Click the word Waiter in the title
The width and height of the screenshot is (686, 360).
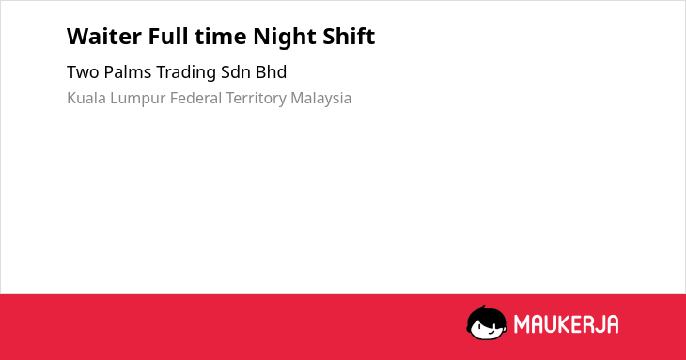(x=104, y=37)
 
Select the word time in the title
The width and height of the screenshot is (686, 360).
(x=221, y=37)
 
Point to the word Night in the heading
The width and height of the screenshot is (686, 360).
(x=285, y=38)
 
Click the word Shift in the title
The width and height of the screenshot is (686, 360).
(x=349, y=36)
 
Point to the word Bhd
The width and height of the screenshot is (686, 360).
(x=272, y=72)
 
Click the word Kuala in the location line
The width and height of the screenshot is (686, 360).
(x=86, y=98)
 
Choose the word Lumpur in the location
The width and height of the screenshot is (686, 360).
(x=138, y=100)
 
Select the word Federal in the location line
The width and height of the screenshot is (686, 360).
(x=196, y=98)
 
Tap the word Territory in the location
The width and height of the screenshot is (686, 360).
(x=256, y=100)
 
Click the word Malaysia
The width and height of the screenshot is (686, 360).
(x=321, y=100)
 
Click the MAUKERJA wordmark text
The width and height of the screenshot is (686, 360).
(x=566, y=324)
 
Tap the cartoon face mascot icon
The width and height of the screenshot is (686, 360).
(x=487, y=322)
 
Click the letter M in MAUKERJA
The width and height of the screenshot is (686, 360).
(x=522, y=324)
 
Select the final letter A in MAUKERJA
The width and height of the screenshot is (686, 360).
(x=612, y=324)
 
